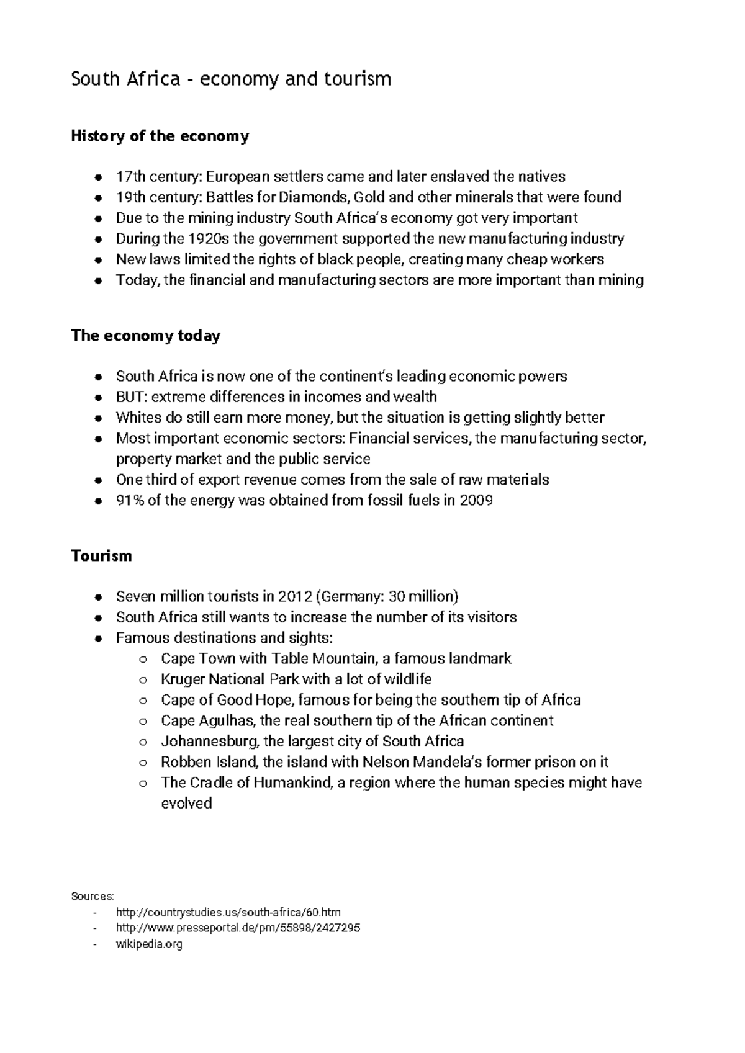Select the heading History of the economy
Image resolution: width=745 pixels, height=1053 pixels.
(x=160, y=136)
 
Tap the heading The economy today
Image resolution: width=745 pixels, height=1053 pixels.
(x=146, y=336)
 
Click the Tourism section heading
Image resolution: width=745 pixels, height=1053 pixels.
(x=102, y=555)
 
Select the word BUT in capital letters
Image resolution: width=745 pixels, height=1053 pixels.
(x=130, y=397)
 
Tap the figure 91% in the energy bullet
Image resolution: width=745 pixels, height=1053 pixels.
(x=130, y=500)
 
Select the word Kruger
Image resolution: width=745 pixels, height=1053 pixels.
(x=183, y=679)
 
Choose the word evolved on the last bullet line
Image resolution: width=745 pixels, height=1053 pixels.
(x=186, y=803)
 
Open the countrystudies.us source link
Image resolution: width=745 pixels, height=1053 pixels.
(x=228, y=912)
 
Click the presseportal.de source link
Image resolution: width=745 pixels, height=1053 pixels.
(x=238, y=928)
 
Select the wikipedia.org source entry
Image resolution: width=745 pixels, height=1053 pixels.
(x=149, y=944)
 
